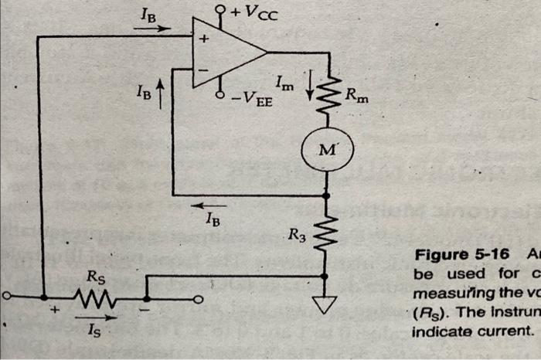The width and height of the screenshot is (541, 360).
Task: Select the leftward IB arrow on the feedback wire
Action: click(210, 206)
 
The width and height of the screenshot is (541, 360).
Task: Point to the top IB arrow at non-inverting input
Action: click(152, 27)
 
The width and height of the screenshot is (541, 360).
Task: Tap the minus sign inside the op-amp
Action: click(206, 72)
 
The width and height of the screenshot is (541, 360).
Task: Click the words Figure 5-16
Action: click(452, 255)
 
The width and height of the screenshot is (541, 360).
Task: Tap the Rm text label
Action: click(357, 97)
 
